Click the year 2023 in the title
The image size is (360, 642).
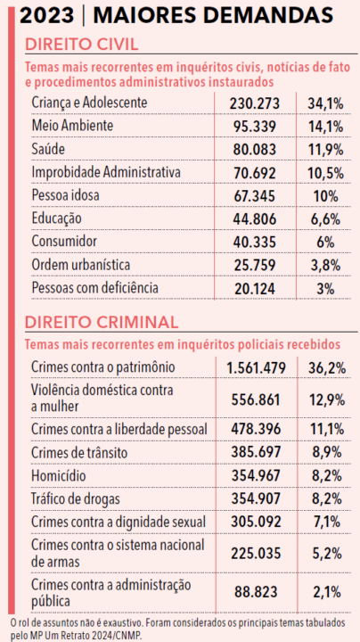coord(47,16)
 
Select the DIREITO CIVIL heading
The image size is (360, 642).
coord(82,45)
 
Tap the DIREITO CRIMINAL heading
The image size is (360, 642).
coord(102,322)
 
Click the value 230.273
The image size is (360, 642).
coord(255,103)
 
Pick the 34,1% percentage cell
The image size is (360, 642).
coord(325,103)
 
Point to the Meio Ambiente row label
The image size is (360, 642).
coord(72,126)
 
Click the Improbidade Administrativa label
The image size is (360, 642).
coord(106,172)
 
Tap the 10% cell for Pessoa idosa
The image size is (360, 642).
coord(325,196)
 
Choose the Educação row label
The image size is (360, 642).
coord(56,219)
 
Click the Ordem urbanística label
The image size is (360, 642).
coord(81,266)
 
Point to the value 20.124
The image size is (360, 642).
coord(255,289)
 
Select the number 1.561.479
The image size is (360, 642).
coord(256,367)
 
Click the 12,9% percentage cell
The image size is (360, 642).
coord(326,400)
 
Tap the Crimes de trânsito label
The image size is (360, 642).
coord(79,453)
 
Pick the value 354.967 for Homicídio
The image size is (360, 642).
coord(256,476)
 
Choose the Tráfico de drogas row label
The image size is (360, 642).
coord(76,499)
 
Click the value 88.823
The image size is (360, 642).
coord(256,592)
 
